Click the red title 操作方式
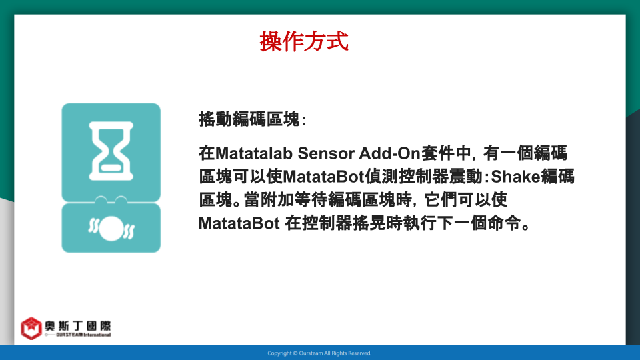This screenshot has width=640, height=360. pos(304,41)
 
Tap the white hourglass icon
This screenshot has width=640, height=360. pos(111,151)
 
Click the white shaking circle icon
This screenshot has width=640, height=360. pos(111,228)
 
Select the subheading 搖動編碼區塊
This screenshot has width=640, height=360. pos(249,119)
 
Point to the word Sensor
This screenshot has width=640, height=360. pos(326,153)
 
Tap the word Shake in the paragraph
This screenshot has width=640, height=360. pos(515,177)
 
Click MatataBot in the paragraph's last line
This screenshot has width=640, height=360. pos(239,224)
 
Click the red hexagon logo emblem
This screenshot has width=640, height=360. pos(31,328)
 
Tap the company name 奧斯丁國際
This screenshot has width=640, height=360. pos(77,326)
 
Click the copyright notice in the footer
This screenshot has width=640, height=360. pos(319,353)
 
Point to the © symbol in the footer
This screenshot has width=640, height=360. pos(295,353)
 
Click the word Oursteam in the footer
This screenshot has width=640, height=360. pos(311,353)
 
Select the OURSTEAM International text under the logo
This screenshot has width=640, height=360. pos(83,335)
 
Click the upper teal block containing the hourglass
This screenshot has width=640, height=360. pos(111,153)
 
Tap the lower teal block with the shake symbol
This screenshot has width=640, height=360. pos(111,227)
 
